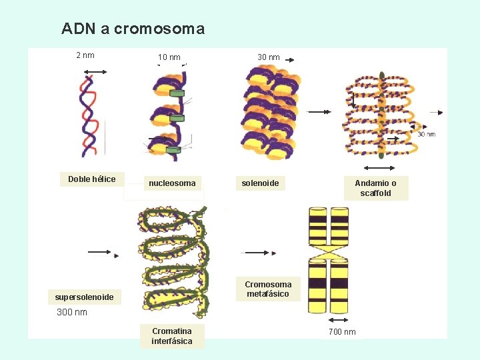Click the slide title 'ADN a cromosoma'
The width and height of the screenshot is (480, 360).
point(133,29)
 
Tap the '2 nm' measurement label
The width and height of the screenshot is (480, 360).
point(85,55)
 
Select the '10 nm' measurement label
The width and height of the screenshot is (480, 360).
point(169,57)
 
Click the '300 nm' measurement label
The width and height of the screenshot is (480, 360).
point(72,312)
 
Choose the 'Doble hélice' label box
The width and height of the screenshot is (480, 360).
point(92,179)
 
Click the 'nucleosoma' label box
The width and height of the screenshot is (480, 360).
point(172,183)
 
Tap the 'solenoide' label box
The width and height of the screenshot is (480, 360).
point(260,183)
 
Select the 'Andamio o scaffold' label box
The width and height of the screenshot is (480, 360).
point(375,188)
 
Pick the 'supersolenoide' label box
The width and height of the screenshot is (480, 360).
point(84,297)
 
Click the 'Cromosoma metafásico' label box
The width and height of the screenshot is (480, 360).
point(267,289)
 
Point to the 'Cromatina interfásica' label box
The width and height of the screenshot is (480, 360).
point(171,336)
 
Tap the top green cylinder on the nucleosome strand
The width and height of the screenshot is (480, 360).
point(176,93)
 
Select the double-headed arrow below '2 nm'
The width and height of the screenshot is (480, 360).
point(87,71)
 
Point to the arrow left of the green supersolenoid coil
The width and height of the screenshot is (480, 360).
point(103,253)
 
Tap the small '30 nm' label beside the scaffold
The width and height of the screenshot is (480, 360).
point(426,134)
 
